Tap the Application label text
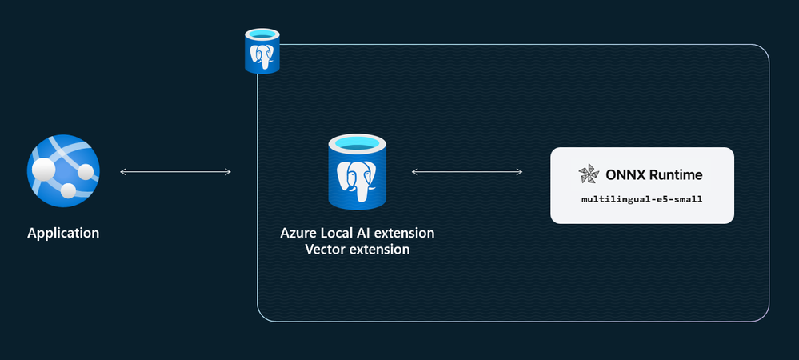click(x=63, y=234)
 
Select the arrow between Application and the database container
click(x=175, y=171)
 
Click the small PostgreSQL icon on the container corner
click(x=262, y=52)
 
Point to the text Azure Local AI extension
click(x=357, y=233)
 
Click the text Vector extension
click(x=358, y=249)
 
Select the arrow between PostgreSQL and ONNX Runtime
click(x=467, y=171)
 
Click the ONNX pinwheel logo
click(x=587, y=174)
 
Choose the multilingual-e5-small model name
click(x=642, y=198)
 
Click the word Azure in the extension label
click(x=298, y=233)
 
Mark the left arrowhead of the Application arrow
click(x=122, y=171)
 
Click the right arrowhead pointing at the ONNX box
click(x=521, y=171)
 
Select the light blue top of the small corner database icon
click(x=262, y=36)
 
